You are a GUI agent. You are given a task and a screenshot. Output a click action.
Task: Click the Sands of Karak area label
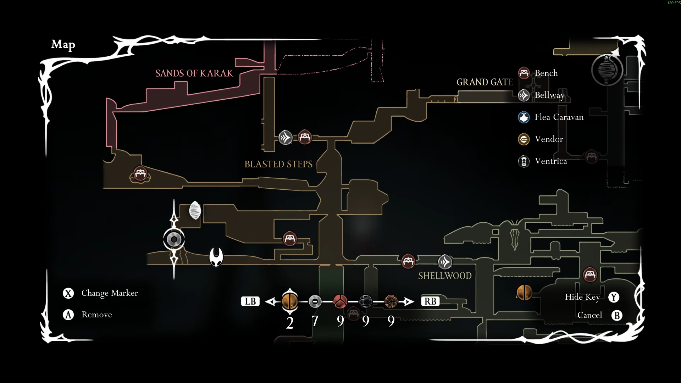(194, 73)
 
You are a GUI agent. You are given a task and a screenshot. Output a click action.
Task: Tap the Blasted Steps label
(278, 164)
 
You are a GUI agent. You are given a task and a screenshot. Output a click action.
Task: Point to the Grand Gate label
(485, 82)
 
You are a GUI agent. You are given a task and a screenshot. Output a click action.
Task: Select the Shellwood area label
(445, 276)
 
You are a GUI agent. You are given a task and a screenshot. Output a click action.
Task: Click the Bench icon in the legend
(524, 73)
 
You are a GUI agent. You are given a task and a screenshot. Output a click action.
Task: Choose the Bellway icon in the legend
(524, 95)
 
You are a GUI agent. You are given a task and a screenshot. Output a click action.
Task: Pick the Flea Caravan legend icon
(524, 117)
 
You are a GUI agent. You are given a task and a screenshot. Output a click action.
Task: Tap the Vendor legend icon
(524, 139)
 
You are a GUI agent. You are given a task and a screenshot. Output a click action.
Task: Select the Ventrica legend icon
(524, 161)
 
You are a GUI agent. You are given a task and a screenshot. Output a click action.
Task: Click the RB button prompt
(430, 301)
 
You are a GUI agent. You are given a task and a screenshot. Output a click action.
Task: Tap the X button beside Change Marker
(68, 293)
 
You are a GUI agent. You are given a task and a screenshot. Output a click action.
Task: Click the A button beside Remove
(68, 315)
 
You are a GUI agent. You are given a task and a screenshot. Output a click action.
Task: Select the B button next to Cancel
(617, 316)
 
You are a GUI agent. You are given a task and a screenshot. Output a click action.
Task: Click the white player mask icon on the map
(216, 256)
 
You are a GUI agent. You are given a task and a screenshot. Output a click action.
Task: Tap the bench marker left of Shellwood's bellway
(408, 261)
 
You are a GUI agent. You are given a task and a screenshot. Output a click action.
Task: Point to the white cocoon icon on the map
(195, 210)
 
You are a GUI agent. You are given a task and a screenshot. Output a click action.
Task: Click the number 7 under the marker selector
(315, 321)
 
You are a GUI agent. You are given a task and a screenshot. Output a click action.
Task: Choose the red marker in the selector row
(340, 301)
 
